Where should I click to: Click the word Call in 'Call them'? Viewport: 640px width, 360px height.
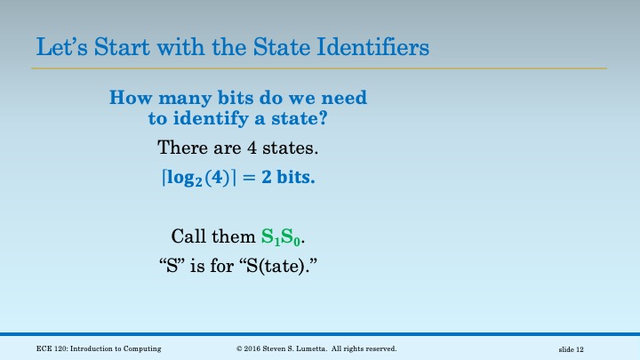coord(188,237)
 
